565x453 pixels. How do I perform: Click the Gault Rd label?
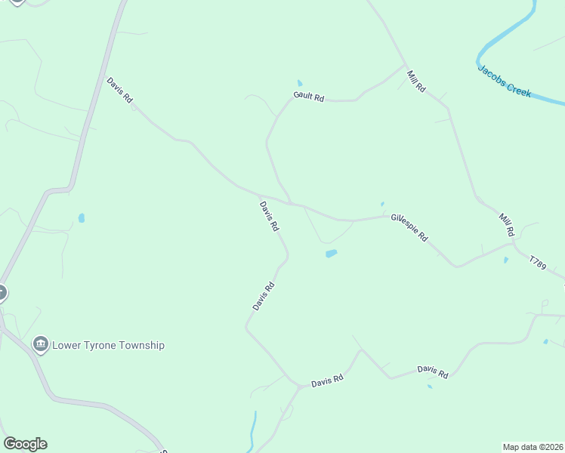coord(308,97)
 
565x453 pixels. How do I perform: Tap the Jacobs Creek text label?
coord(505,81)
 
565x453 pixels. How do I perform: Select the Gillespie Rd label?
coord(409,227)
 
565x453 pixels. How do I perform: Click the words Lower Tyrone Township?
coord(108,345)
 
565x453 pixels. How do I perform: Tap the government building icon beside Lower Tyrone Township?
coord(41,345)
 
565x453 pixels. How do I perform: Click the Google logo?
coord(25,444)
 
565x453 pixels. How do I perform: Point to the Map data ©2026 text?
coord(533,446)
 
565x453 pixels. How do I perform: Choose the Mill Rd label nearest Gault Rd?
coord(415,81)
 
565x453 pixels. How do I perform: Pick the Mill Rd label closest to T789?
coord(506,223)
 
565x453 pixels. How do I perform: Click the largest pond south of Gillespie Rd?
coord(331,254)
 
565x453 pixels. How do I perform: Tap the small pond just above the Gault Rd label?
coord(300,83)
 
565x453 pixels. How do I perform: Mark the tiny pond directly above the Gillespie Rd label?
coord(382,203)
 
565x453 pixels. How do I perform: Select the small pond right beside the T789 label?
coord(505,260)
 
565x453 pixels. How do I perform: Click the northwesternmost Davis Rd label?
coord(119,90)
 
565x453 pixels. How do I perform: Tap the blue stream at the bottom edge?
coord(254,434)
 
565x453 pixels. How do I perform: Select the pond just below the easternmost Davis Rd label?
coord(430,387)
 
